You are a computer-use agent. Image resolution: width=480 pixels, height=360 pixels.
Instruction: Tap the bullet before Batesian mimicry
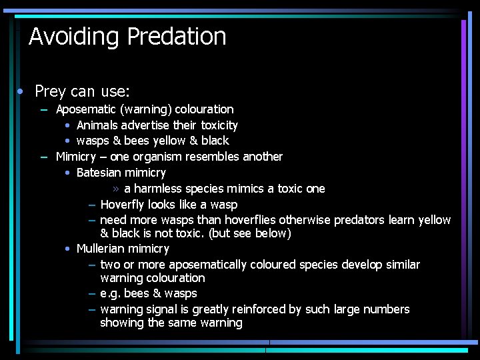[69, 173]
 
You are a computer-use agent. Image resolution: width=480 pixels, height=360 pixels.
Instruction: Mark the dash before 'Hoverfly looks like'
[92, 205]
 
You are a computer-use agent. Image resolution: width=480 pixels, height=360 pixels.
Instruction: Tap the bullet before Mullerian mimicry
[69, 249]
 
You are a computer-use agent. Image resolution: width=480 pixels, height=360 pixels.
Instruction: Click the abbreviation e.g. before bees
[111, 294]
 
